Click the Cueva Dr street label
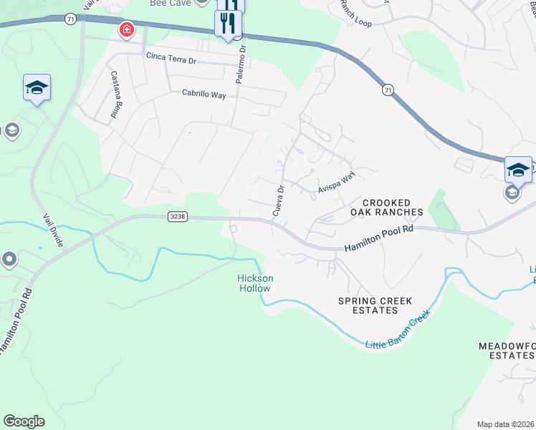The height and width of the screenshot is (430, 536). click(x=279, y=201)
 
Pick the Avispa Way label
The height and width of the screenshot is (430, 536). click(x=337, y=183)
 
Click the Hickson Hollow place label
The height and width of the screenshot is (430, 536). click(x=254, y=283)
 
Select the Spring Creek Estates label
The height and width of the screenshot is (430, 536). click(x=368, y=305)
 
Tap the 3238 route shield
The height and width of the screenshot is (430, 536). click(x=178, y=216)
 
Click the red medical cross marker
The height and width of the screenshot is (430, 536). click(x=127, y=29)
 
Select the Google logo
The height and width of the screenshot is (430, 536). click(x=24, y=421)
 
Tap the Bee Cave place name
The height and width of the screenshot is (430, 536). click(x=169, y=3)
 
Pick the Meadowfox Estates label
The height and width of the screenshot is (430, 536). click(x=507, y=350)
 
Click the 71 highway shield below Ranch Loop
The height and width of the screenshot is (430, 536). click(x=388, y=90)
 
